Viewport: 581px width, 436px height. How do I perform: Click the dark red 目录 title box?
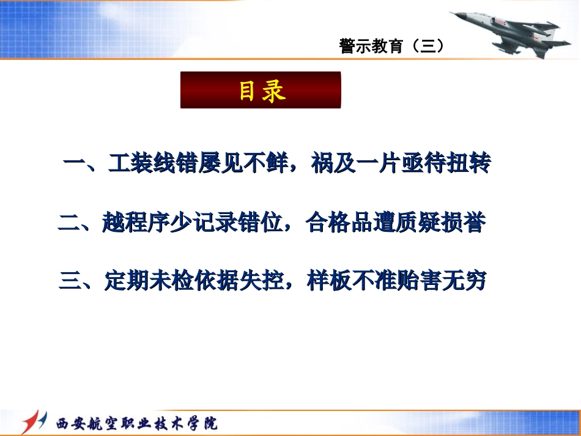(261, 91)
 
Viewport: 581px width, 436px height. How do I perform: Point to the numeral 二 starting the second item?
(69, 224)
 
